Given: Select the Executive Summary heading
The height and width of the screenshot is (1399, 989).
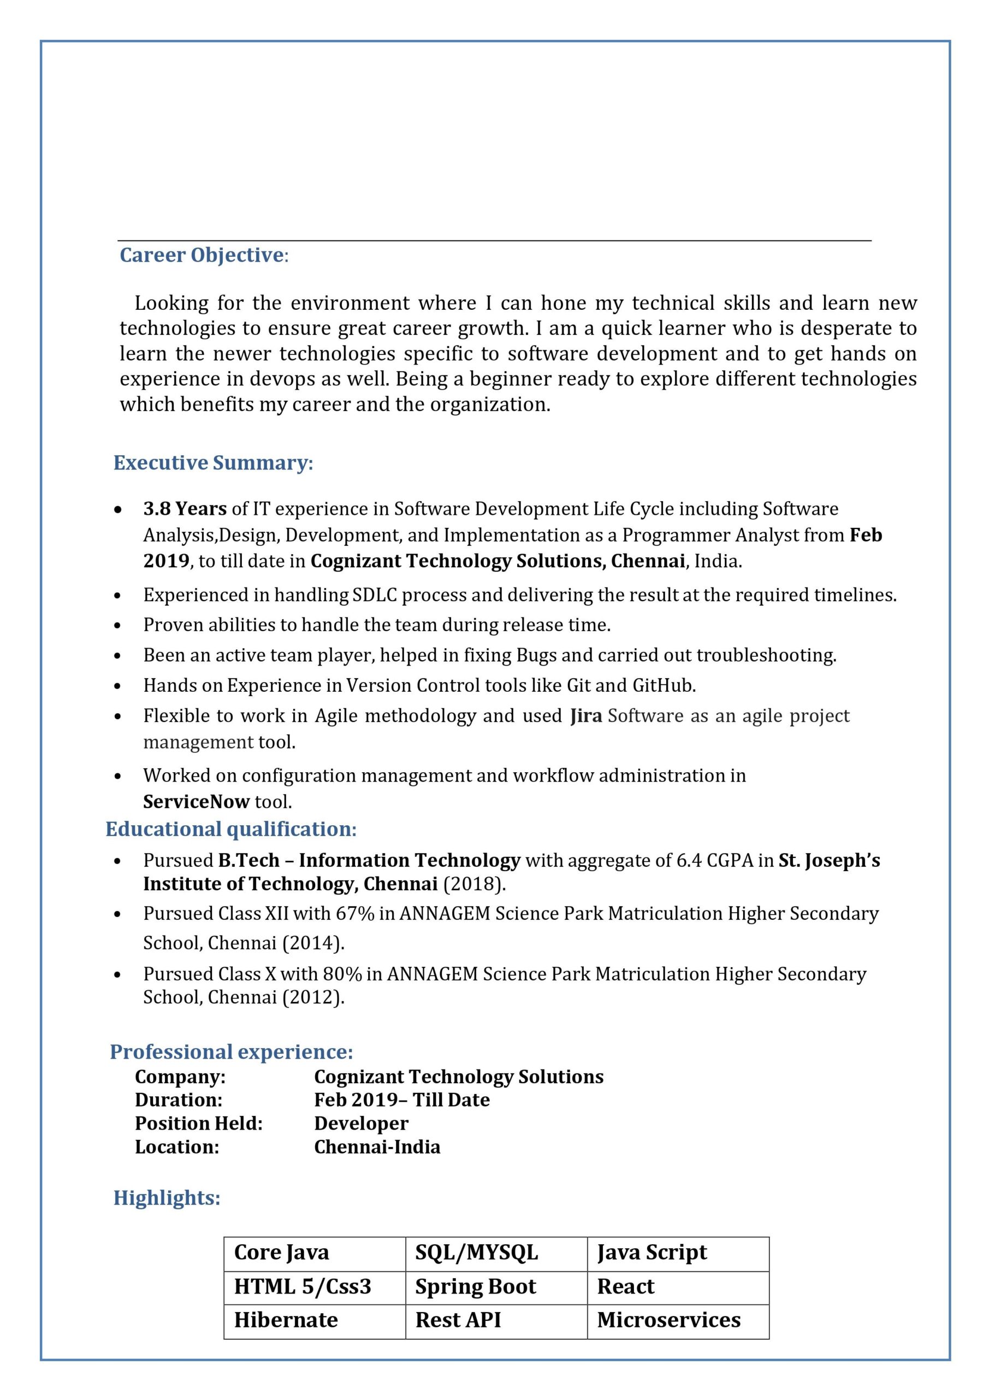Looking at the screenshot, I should click(x=213, y=462).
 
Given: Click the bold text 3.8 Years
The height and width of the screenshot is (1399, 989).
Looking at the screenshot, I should click(x=185, y=508).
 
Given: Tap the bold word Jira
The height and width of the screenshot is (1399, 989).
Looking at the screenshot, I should click(x=586, y=715).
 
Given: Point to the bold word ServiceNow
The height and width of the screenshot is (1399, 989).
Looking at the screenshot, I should click(x=196, y=801).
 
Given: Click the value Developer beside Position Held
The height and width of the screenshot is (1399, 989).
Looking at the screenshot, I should click(x=361, y=1123).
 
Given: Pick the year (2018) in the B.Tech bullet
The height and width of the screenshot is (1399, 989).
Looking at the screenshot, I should click(x=475, y=884).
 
